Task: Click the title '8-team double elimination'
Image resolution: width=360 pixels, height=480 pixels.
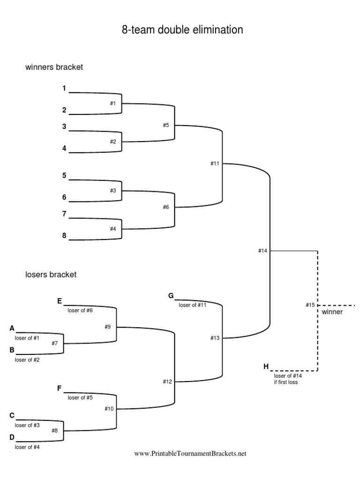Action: (x=182, y=30)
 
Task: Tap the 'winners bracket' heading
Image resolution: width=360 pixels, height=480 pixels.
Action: (x=54, y=67)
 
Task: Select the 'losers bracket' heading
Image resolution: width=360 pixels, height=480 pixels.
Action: (x=51, y=275)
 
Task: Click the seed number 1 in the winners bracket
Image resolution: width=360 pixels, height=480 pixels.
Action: (x=64, y=88)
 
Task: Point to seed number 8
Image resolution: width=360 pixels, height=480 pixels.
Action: (x=64, y=236)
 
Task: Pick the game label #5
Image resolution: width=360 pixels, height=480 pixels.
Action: (x=165, y=125)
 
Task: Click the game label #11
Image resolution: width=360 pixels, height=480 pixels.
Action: (x=215, y=164)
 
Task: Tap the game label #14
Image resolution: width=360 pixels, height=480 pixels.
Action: (x=262, y=251)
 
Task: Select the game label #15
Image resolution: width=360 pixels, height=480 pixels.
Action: (x=310, y=305)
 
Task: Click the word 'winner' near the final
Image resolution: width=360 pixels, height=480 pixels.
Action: (x=332, y=312)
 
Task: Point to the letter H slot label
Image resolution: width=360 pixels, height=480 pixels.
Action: (x=266, y=366)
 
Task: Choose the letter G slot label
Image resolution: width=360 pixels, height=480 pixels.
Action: (x=171, y=296)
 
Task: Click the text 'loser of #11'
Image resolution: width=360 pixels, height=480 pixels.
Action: (x=192, y=305)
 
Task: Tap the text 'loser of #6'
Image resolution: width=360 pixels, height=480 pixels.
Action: (x=80, y=310)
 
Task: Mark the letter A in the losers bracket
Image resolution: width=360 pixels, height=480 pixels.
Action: (x=12, y=329)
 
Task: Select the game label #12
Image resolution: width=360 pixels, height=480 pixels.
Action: (x=168, y=382)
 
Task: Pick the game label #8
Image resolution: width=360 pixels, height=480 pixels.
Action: (x=55, y=430)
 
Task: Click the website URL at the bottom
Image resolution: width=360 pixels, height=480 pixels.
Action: (x=190, y=454)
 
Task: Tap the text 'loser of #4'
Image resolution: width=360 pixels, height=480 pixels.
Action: (x=27, y=447)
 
